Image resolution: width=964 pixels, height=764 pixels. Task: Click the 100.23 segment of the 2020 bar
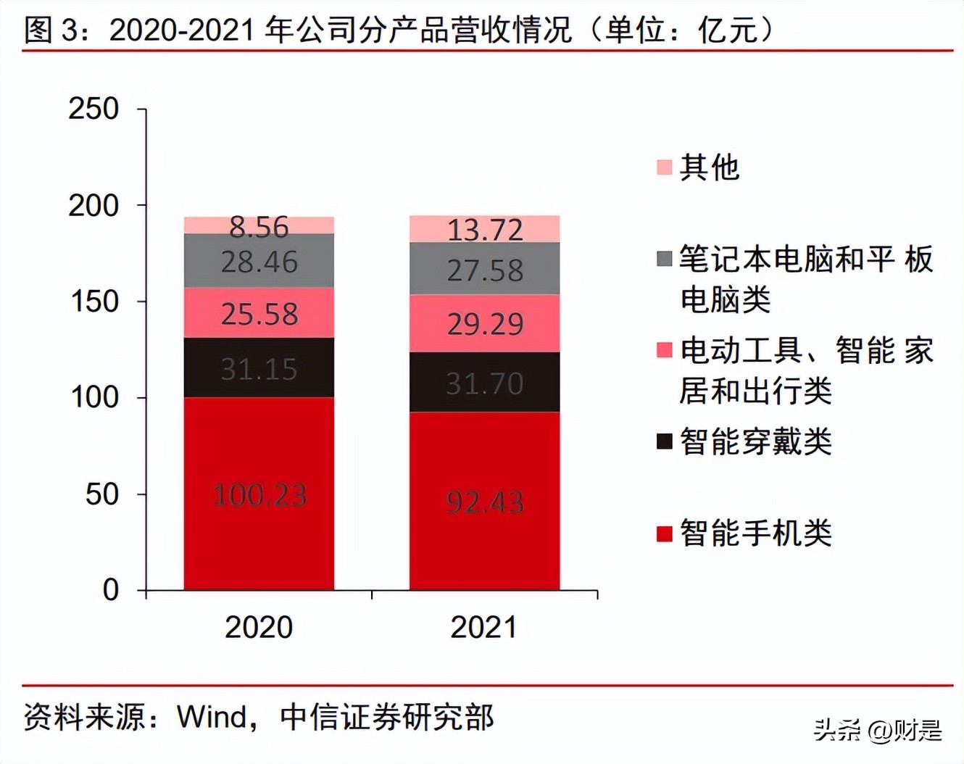259,494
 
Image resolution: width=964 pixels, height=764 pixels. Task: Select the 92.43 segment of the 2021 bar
484,501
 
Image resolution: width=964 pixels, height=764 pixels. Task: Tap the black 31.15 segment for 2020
259,368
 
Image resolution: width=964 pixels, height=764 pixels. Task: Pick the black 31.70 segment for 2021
484,382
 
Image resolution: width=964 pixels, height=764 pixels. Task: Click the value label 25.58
259,314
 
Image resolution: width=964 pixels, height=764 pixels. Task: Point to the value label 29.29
484,323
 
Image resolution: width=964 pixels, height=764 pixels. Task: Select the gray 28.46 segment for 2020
259,261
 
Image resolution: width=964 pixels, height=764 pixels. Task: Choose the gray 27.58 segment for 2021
484,270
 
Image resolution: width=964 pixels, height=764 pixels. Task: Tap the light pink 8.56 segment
259,225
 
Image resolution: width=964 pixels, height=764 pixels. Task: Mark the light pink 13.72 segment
484,229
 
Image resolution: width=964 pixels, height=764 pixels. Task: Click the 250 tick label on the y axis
94,109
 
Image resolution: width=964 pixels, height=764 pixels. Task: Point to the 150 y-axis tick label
94,302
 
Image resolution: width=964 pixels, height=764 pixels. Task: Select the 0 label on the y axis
110,590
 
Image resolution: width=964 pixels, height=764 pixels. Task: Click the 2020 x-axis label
259,627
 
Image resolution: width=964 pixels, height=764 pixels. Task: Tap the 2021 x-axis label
484,627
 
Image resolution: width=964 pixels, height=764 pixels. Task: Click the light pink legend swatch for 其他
664,167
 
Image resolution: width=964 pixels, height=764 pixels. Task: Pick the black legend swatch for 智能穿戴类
664,441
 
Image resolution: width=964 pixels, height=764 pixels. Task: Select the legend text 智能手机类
755,533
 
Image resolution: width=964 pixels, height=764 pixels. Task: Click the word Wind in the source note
212,717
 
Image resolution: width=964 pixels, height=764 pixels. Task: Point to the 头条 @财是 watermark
878,730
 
